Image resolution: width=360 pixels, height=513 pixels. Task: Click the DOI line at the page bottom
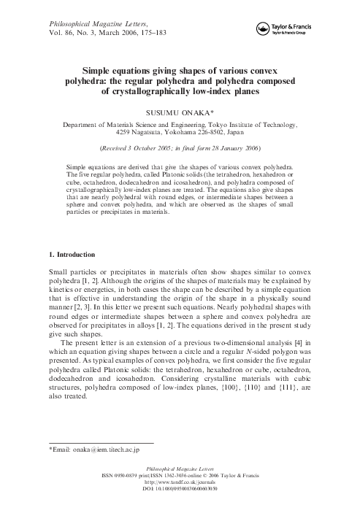click(180, 504)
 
